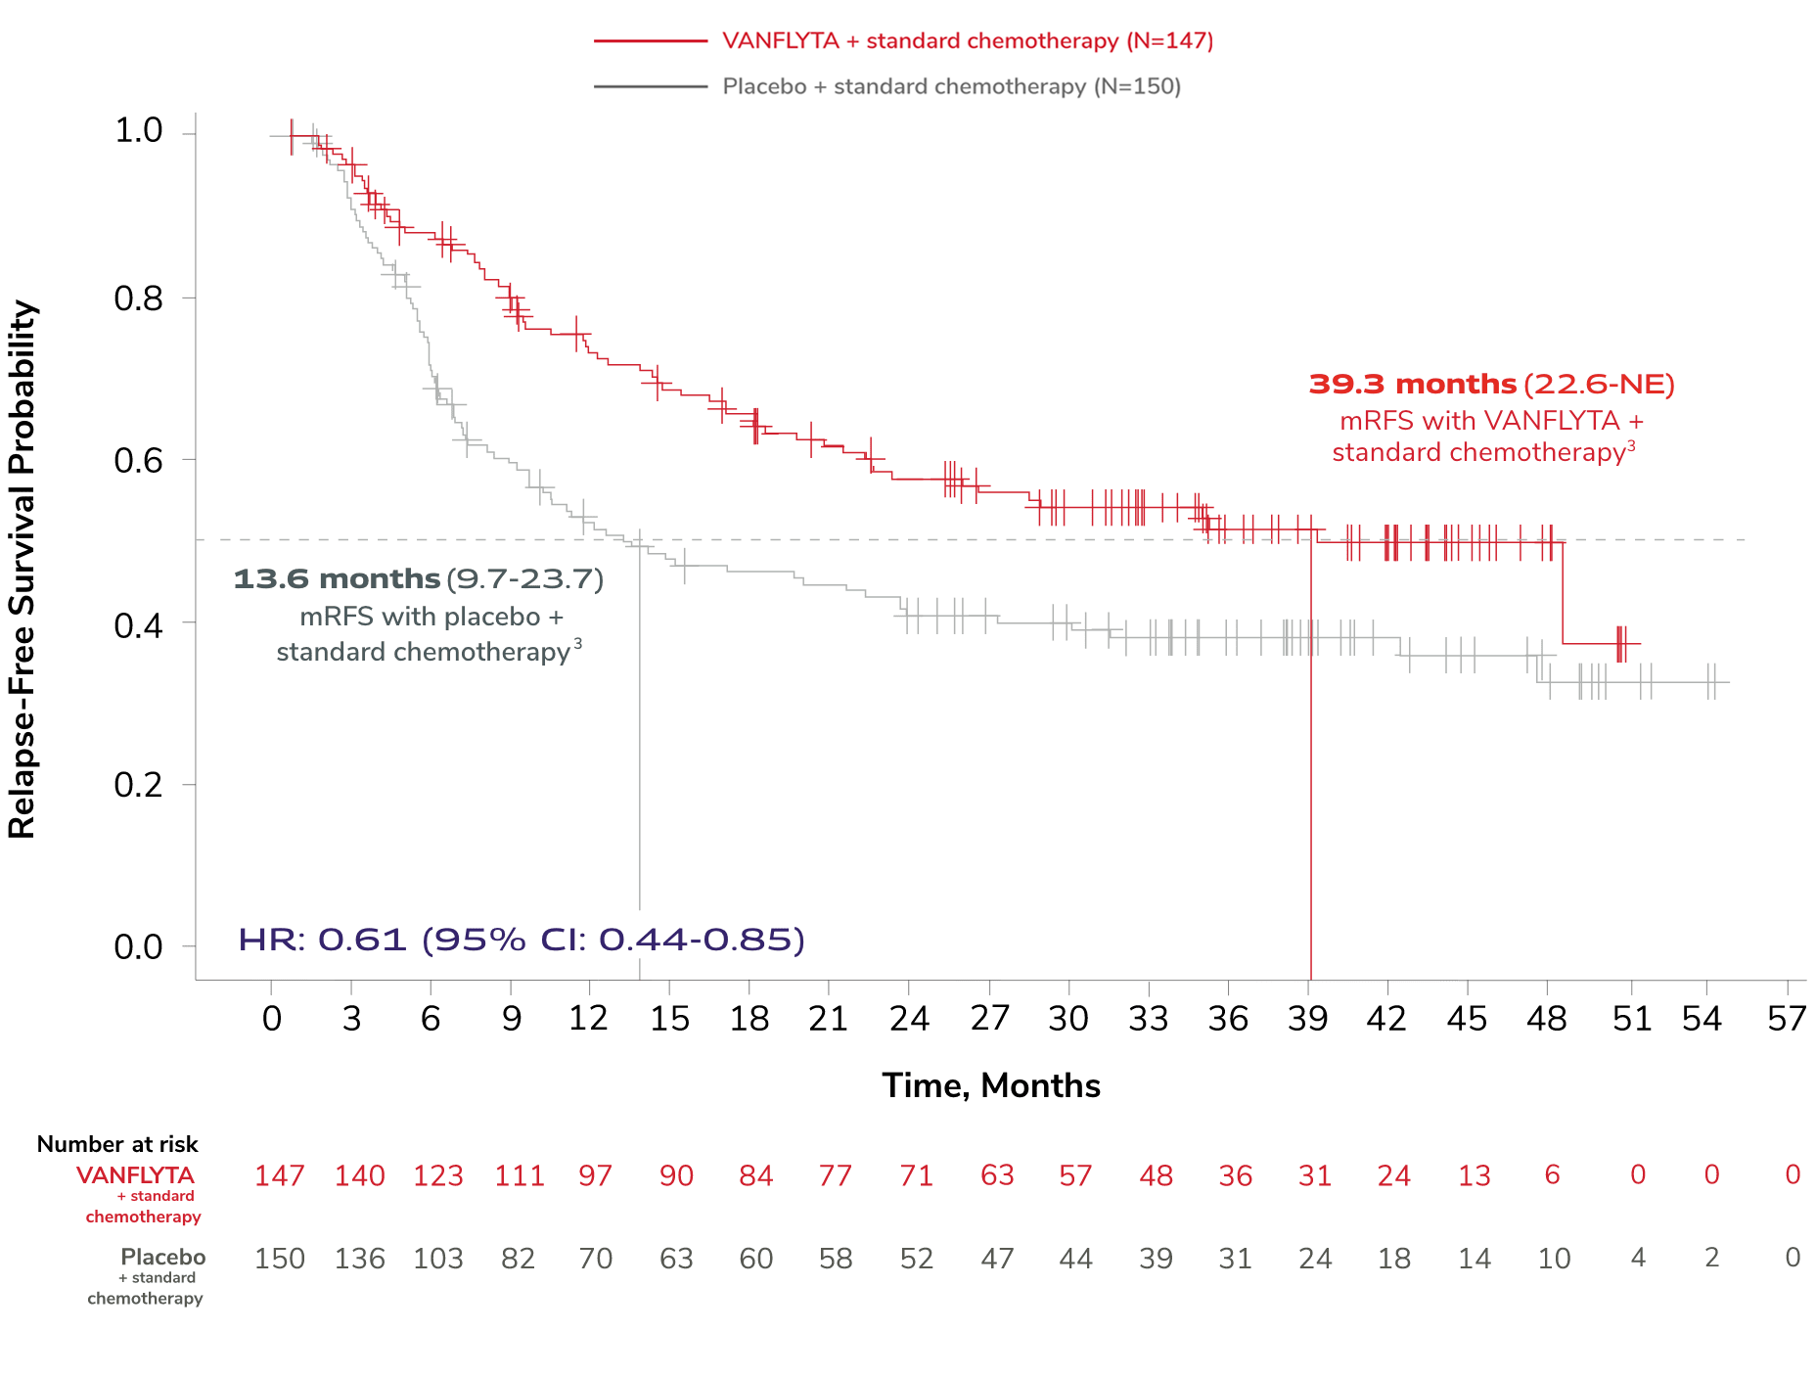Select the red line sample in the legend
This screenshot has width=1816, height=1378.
650,41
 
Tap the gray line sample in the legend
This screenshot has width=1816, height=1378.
650,86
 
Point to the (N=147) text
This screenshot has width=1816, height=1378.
1169,41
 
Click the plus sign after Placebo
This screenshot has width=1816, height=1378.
821,86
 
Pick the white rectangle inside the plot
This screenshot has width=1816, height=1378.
899,783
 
